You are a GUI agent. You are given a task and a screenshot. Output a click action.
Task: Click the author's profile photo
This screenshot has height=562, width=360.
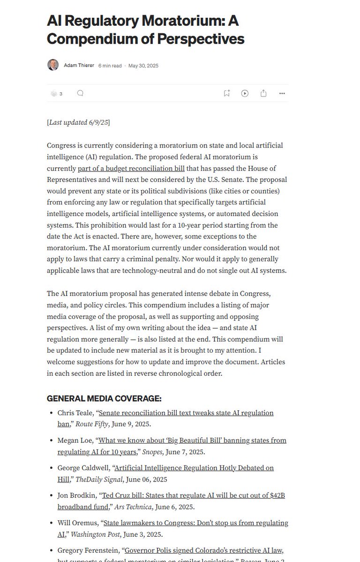point(53,65)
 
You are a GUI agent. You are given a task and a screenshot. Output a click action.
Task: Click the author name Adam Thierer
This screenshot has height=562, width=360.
point(78,66)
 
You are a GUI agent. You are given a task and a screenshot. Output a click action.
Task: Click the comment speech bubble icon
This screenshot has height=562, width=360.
point(80,93)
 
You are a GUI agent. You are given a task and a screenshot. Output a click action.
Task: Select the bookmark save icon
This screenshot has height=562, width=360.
point(226,93)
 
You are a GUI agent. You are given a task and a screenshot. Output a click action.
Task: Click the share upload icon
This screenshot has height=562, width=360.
point(263,93)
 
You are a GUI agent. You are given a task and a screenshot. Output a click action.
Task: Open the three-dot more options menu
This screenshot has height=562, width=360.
point(282,93)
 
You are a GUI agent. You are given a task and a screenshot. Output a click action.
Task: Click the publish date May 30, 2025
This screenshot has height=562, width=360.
point(143,66)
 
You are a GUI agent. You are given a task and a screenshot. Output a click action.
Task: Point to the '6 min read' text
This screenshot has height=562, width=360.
point(110,66)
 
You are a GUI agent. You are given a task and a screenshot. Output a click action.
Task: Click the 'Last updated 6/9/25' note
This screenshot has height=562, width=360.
point(78,123)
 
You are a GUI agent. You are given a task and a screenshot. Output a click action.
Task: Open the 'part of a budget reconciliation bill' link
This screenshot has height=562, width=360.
point(131,168)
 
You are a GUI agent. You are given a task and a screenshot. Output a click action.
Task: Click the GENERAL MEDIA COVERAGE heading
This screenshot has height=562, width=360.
point(104,399)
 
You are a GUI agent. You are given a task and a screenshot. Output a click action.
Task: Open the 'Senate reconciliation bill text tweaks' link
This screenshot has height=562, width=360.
point(186,413)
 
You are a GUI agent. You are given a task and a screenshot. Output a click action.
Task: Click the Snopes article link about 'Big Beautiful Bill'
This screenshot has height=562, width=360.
point(192,440)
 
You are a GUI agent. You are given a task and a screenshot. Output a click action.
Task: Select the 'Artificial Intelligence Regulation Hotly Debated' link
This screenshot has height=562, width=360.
point(194,468)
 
